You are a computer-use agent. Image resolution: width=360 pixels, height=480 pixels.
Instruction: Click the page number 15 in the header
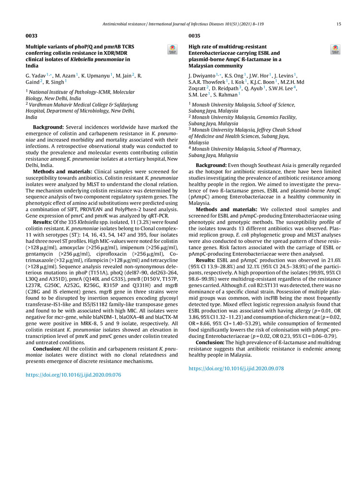(338, 24)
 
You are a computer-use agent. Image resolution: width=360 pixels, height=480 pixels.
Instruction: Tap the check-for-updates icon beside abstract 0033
(172, 49)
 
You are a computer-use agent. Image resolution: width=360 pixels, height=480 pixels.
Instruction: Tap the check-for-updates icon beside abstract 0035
(335, 49)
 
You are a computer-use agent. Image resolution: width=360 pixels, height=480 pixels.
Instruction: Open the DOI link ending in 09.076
(73, 361)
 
